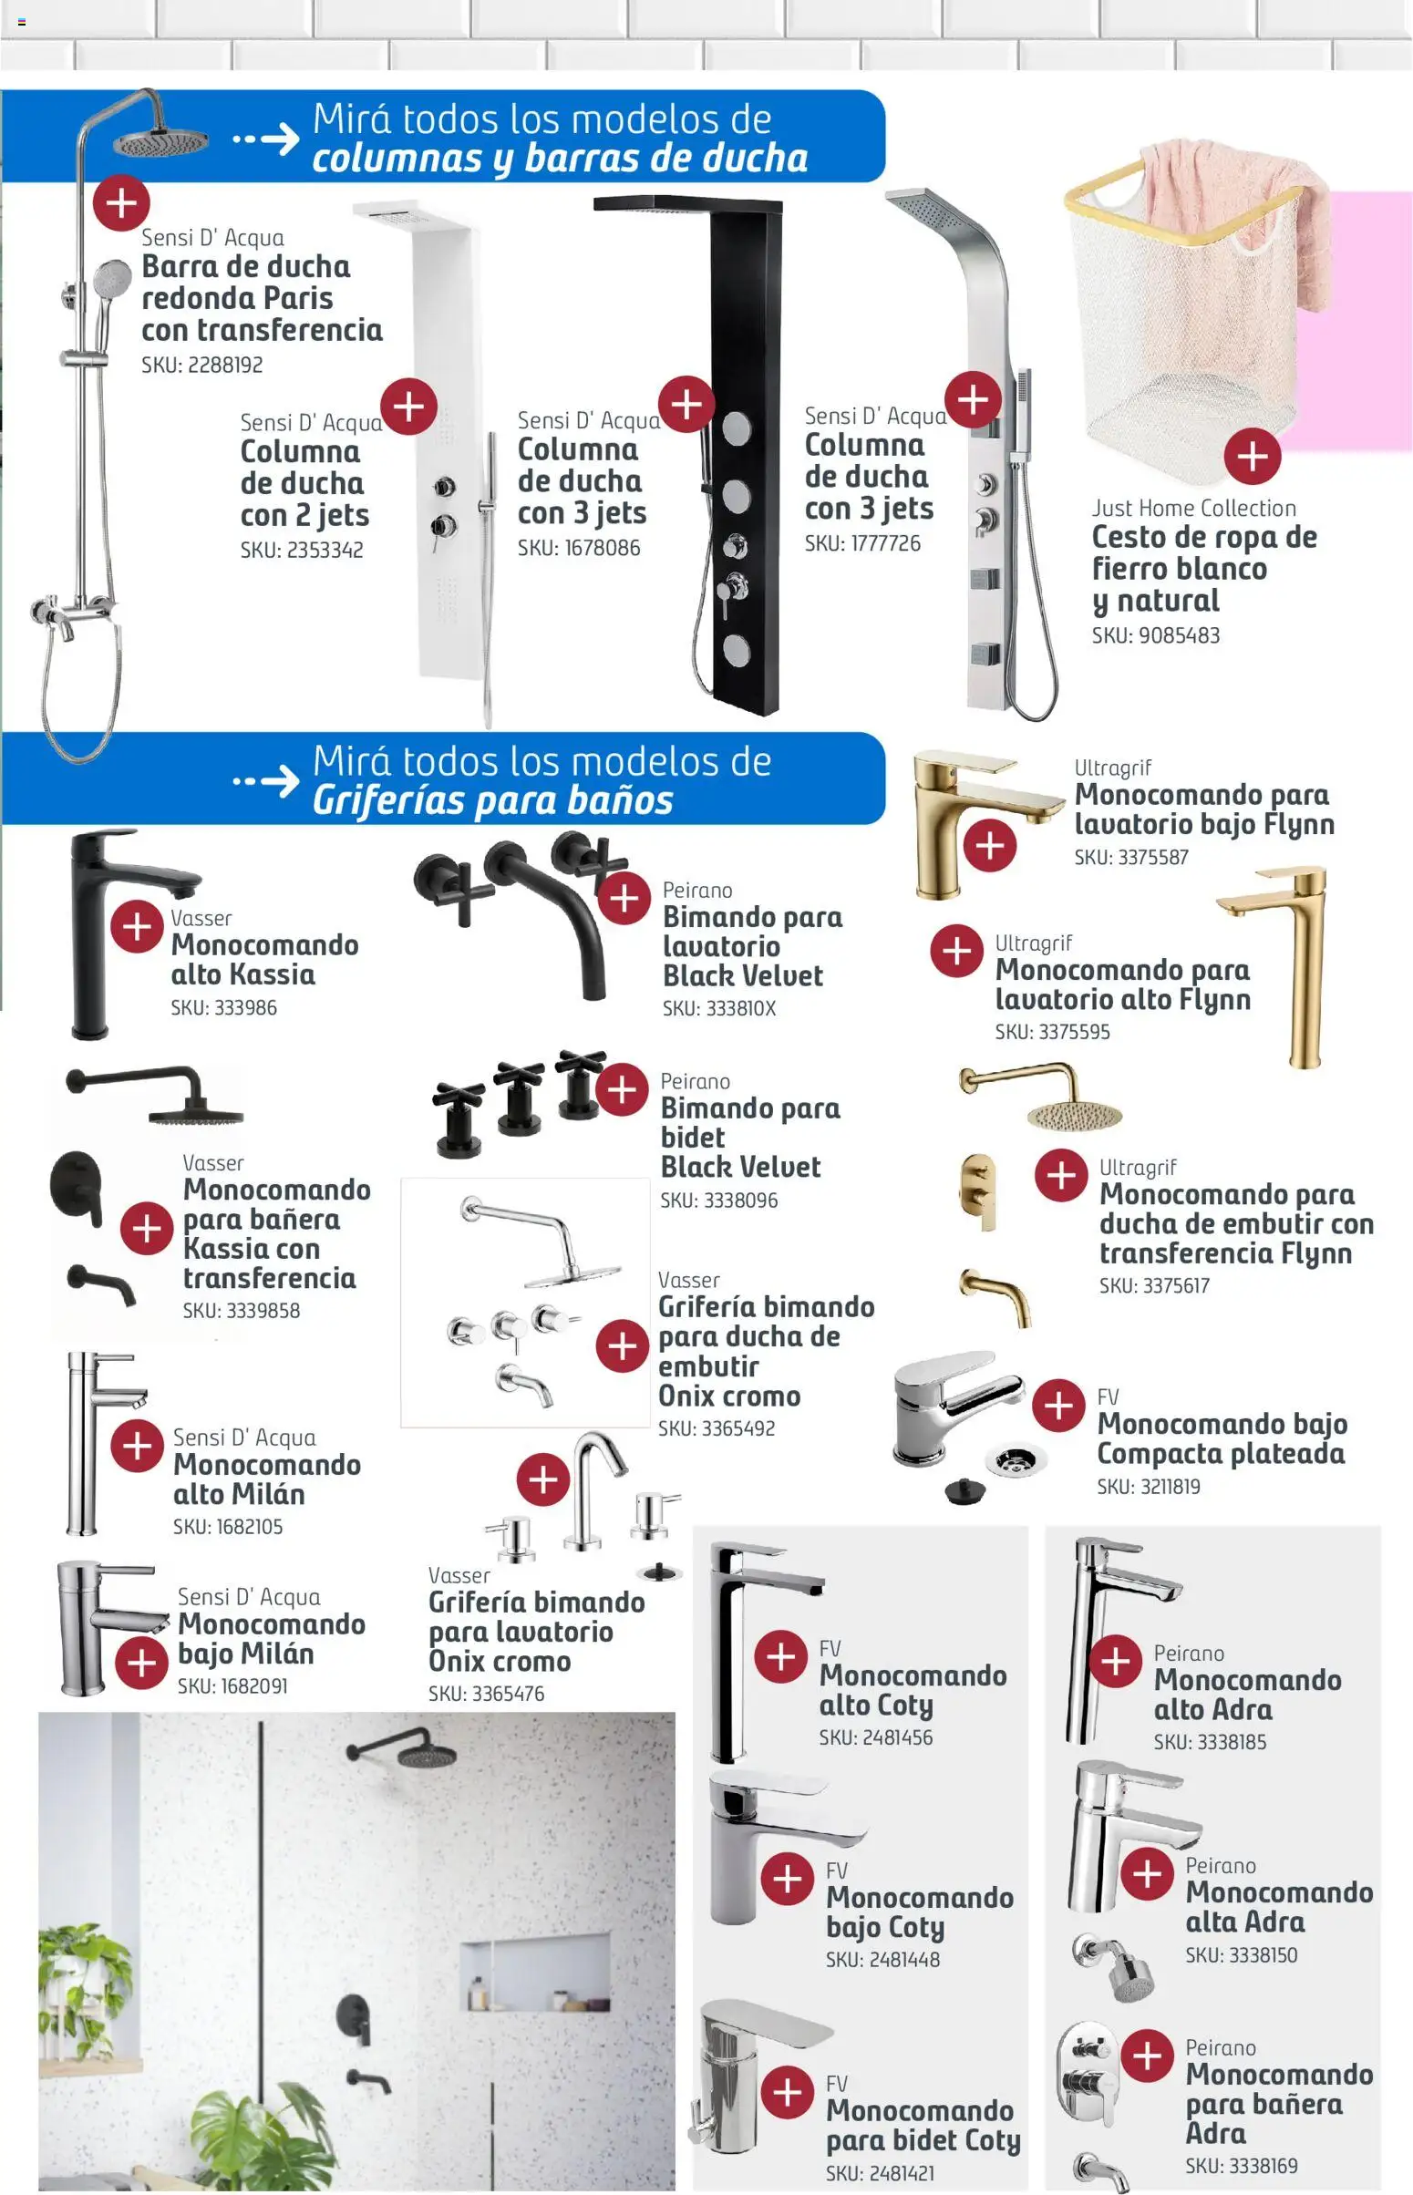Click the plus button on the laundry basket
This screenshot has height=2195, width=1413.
[1253, 456]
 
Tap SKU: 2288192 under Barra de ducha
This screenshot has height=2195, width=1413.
[201, 365]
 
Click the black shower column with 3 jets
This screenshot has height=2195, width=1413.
[738, 459]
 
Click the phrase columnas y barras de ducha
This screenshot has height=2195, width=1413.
[560, 159]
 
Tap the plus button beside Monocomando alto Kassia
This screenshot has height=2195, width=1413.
[137, 926]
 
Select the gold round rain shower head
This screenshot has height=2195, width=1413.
[1074, 1114]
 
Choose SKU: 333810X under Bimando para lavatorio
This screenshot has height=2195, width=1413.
[718, 1008]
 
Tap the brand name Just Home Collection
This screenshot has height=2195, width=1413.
[1192, 508]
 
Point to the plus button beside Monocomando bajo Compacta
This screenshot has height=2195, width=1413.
[1057, 1406]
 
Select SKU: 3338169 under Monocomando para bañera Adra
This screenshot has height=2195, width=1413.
[1241, 2166]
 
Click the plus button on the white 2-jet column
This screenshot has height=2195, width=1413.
[408, 407]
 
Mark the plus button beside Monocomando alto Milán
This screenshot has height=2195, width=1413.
[137, 1446]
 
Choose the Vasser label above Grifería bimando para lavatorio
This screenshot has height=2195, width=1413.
[459, 1575]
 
